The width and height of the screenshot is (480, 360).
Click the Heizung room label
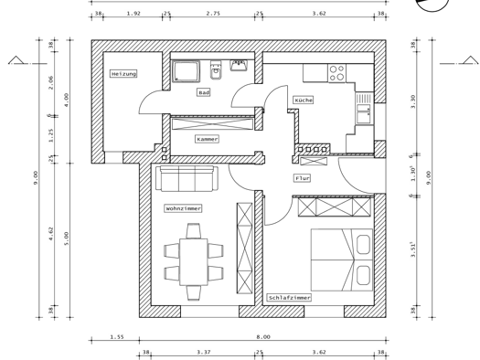[123, 74]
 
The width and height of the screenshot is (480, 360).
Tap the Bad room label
[204, 92]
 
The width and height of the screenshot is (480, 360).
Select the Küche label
[304, 100]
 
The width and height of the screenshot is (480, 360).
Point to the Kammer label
[208, 139]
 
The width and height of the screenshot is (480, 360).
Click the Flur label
[302, 178]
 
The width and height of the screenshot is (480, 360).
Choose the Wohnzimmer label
[183, 208]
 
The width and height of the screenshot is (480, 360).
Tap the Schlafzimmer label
[289, 298]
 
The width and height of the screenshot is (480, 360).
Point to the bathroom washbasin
[239, 66]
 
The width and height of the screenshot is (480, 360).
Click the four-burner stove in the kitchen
[337, 73]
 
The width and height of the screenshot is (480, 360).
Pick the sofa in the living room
[187, 178]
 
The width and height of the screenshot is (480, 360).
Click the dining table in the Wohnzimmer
[194, 262]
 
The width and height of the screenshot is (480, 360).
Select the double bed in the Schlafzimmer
[342, 259]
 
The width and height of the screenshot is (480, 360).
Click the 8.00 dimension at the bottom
[263, 337]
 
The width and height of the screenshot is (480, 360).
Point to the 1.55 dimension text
[117, 337]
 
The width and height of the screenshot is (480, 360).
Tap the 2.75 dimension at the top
[213, 13]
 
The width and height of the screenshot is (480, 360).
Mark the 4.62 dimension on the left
[51, 233]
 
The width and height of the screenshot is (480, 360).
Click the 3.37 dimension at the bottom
[204, 352]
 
